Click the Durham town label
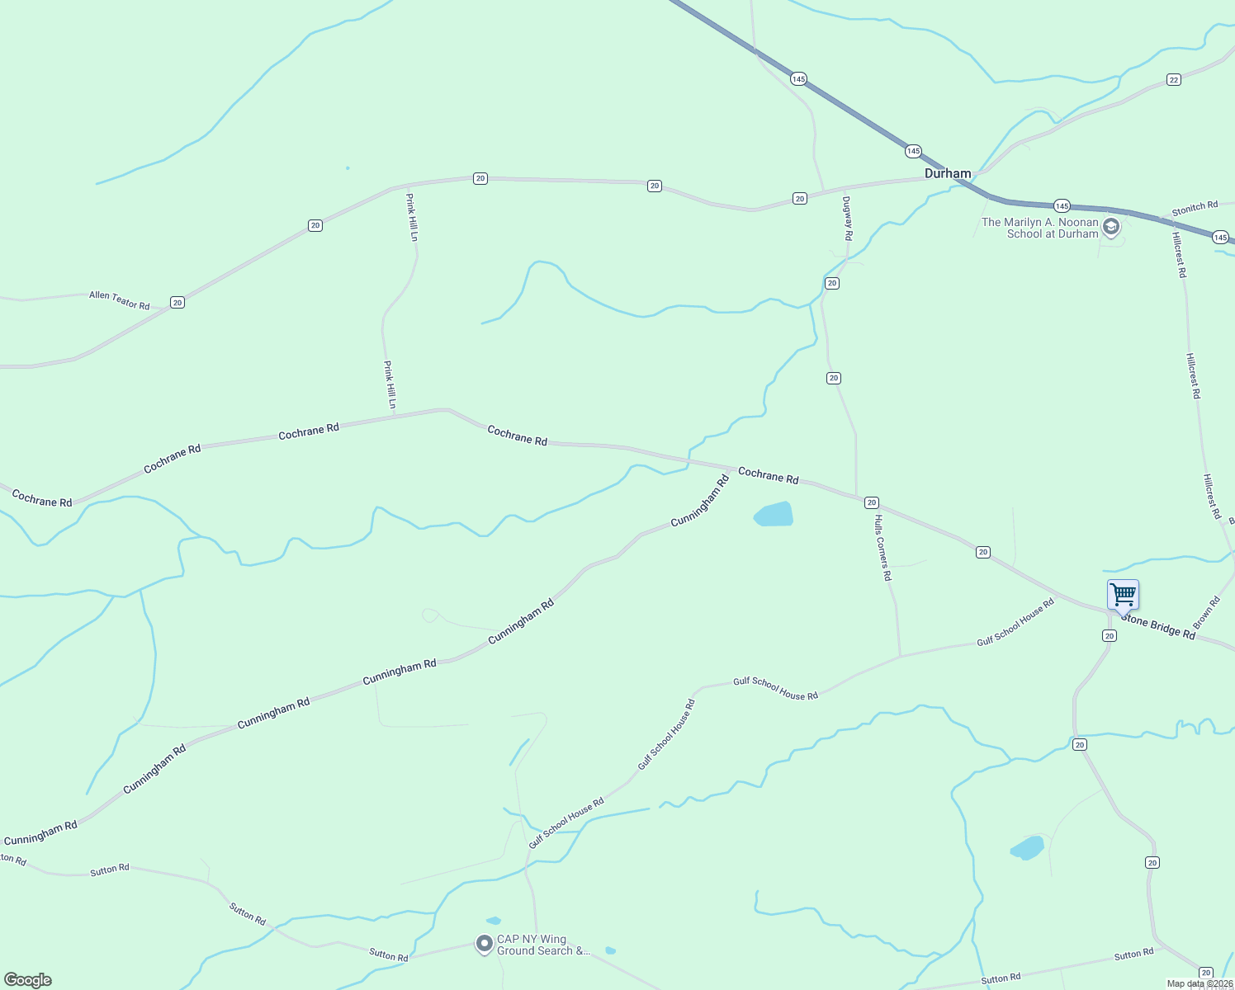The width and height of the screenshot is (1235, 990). pyautogui.click(x=948, y=173)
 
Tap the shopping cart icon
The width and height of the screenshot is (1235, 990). pyautogui.click(x=1123, y=594)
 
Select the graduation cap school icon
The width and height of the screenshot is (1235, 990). pyautogui.click(x=1111, y=227)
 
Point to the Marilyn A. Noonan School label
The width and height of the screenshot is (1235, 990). pyautogui.click(x=1040, y=228)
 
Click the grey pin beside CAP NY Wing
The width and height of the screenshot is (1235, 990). pyautogui.click(x=485, y=943)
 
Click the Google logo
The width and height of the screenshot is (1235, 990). pyautogui.click(x=27, y=980)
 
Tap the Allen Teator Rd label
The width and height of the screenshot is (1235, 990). pyautogui.click(x=120, y=300)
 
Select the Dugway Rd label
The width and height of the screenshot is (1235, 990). pyautogui.click(x=847, y=218)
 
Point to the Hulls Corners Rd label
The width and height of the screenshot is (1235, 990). pyautogui.click(x=883, y=548)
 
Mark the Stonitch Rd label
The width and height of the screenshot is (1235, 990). pyautogui.click(x=1195, y=208)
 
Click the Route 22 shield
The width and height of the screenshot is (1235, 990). pyautogui.click(x=1174, y=79)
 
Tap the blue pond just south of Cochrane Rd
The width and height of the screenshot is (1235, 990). pyautogui.click(x=774, y=514)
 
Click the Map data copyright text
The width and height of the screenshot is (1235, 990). pyautogui.click(x=1200, y=983)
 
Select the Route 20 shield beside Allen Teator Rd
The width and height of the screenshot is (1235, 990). pyautogui.click(x=177, y=303)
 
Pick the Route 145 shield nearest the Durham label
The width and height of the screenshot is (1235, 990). pyautogui.click(x=913, y=151)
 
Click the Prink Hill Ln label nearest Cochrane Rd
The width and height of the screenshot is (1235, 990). pyautogui.click(x=390, y=384)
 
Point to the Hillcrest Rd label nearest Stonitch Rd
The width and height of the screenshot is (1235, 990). pyautogui.click(x=1179, y=254)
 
